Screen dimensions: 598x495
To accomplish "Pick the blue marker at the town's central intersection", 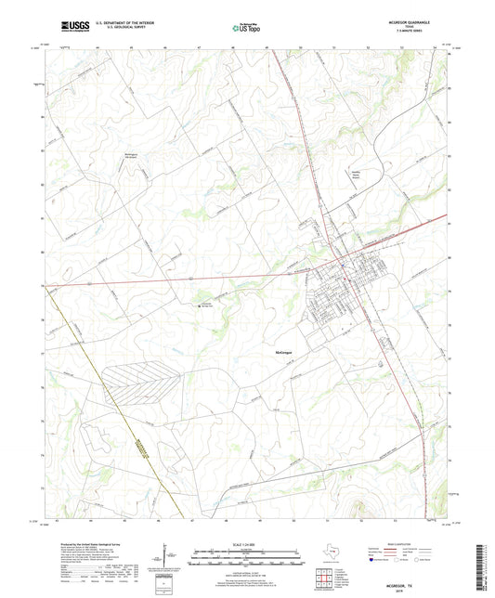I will point(343,264).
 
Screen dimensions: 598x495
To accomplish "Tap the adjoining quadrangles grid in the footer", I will point(322,578).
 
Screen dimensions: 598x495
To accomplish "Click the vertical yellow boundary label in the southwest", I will point(140,454).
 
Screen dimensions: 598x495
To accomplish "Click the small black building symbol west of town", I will point(197,304).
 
